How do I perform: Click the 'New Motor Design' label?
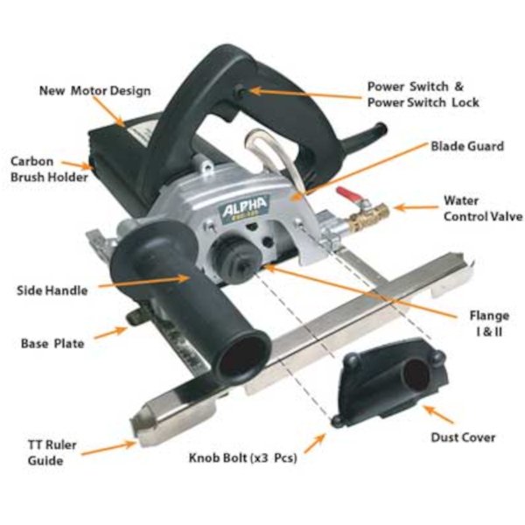(x=95, y=91)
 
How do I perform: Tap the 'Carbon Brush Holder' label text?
(x=49, y=169)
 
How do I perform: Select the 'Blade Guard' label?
(x=467, y=146)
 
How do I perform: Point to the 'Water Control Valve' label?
(x=483, y=208)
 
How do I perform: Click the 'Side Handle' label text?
(x=52, y=290)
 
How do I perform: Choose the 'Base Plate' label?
(x=52, y=344)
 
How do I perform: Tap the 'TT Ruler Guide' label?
(x=52, y=452)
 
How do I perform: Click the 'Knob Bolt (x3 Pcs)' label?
(x=242, y=458)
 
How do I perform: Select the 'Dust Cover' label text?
(x=463, y=437)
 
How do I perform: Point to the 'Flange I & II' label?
(x=489, y=324)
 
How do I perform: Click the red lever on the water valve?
(x=347, y=194)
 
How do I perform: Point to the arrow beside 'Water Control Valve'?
(x=416, y=207)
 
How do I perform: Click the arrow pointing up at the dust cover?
(x=438, y=414)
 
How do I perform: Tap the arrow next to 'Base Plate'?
(x=110, y=332)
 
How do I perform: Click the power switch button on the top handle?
(x=241, y=91)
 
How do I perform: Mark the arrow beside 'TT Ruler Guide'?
(x=108, y=449)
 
